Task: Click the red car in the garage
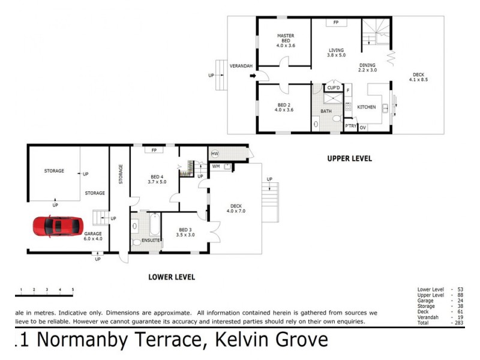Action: tap(58, 227)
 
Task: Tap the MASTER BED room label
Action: tap(286, 37)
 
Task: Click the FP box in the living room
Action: tap(336, 22)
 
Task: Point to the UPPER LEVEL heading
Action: tap(349, 159)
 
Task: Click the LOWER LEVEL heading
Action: tap(171, 277)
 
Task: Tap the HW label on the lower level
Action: tap(215, 154)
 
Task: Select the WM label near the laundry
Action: tap(215, 166)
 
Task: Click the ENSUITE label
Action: tap(151, 240)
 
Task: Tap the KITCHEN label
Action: tap(367, 107)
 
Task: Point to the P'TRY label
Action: tap(350, 127)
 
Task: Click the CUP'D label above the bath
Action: tap(334, 88)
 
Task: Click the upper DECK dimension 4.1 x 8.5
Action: tap(418, 80)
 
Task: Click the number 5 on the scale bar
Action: tap(73, 290)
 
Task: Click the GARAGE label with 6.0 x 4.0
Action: tap(94, 236)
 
